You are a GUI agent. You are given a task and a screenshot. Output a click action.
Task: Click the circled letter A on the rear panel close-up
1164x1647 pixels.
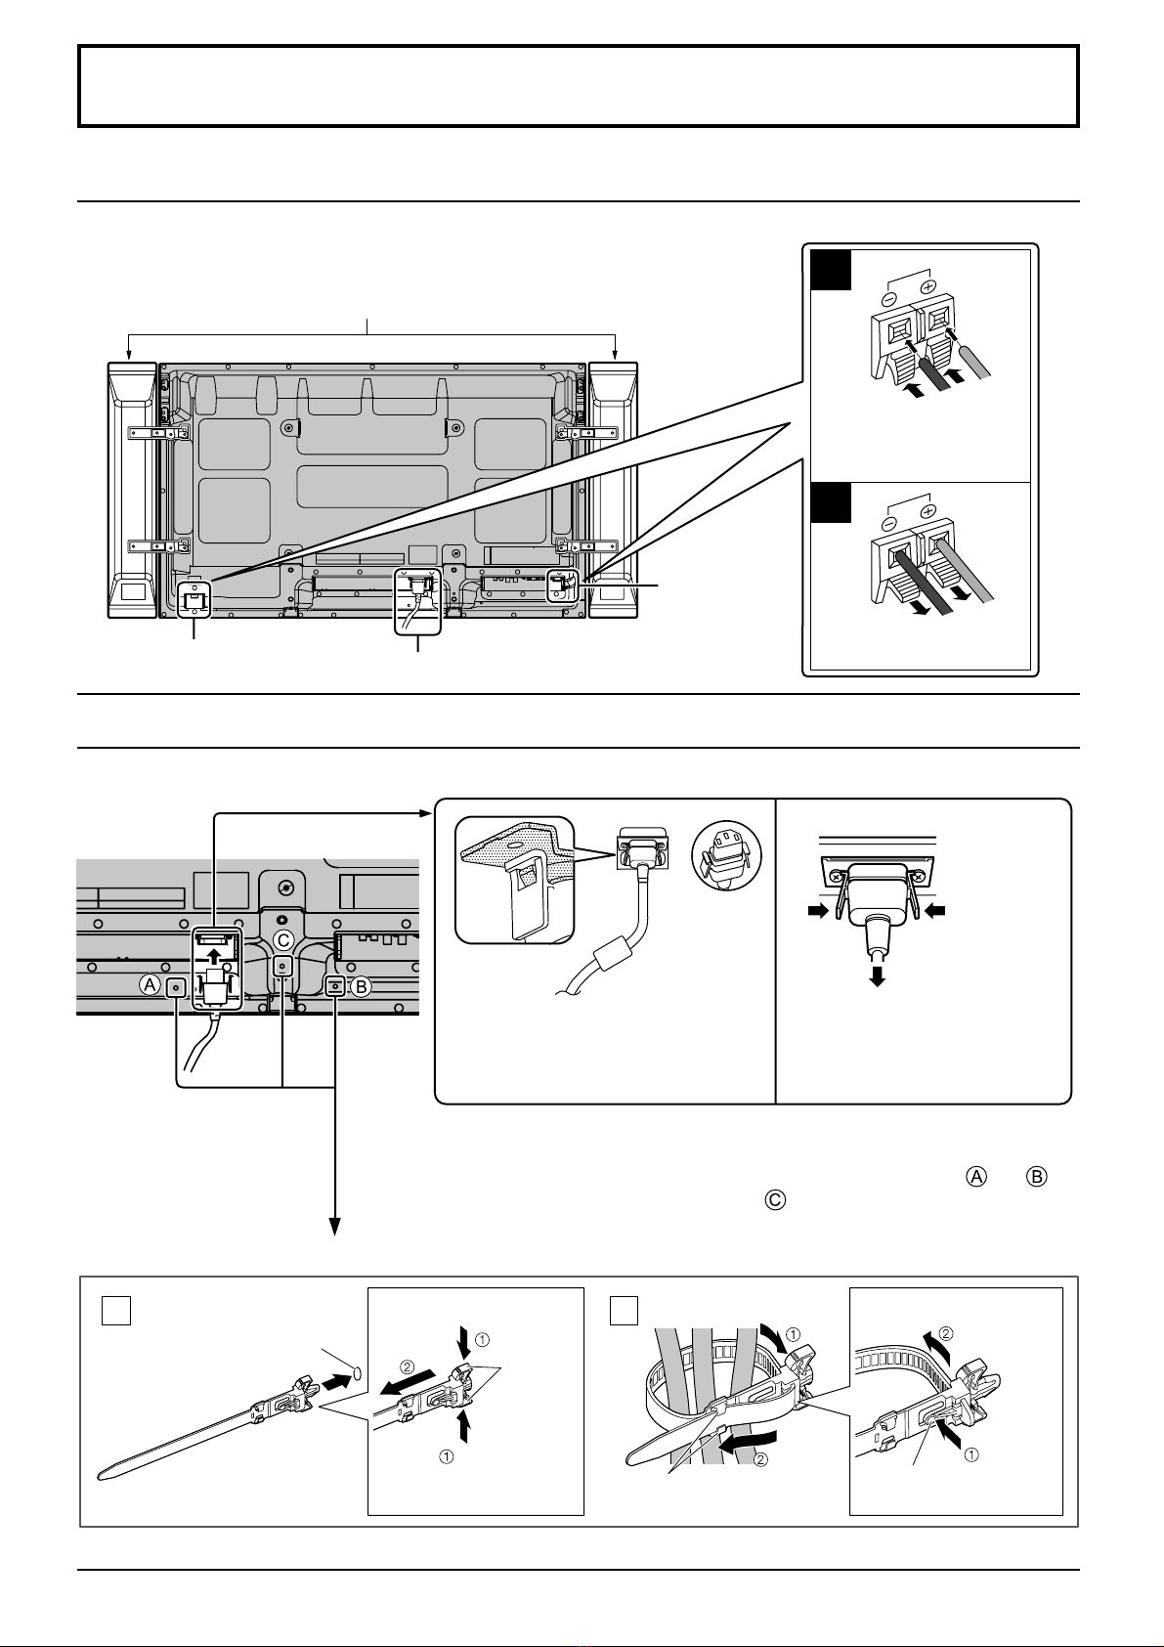(151, 985)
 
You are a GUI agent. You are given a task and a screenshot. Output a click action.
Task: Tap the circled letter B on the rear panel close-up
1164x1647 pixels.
(361, 986)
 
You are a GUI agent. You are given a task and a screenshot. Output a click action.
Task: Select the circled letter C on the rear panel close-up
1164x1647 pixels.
(283, 940)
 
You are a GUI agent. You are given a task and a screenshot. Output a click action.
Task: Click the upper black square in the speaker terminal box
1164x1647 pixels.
(831, 270)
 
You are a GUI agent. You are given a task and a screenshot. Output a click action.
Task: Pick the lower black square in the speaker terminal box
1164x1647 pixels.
(831, 503)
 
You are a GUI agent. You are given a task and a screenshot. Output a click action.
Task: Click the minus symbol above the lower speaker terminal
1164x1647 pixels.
(889, 525)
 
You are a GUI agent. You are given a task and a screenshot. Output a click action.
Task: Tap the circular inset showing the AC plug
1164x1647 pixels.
(726, 856)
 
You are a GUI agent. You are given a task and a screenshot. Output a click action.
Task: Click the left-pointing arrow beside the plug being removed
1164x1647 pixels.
(934, 912)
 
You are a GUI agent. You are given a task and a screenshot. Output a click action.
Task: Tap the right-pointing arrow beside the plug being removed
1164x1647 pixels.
(818, 912)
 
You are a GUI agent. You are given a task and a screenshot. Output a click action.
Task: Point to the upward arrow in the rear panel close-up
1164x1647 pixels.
(214, 956)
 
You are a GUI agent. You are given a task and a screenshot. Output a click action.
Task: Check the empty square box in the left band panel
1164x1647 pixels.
(115, 1310)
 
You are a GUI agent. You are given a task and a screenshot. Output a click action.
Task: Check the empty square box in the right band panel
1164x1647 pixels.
(624, 1310)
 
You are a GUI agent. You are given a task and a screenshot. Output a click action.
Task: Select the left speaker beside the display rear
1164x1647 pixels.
(132, 490)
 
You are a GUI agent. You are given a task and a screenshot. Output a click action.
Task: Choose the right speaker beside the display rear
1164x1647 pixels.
(613, 490)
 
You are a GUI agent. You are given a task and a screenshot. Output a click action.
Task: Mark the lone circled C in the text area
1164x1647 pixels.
(776, 1200)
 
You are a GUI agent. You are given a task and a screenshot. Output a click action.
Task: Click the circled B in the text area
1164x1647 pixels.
(1036, 1177)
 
